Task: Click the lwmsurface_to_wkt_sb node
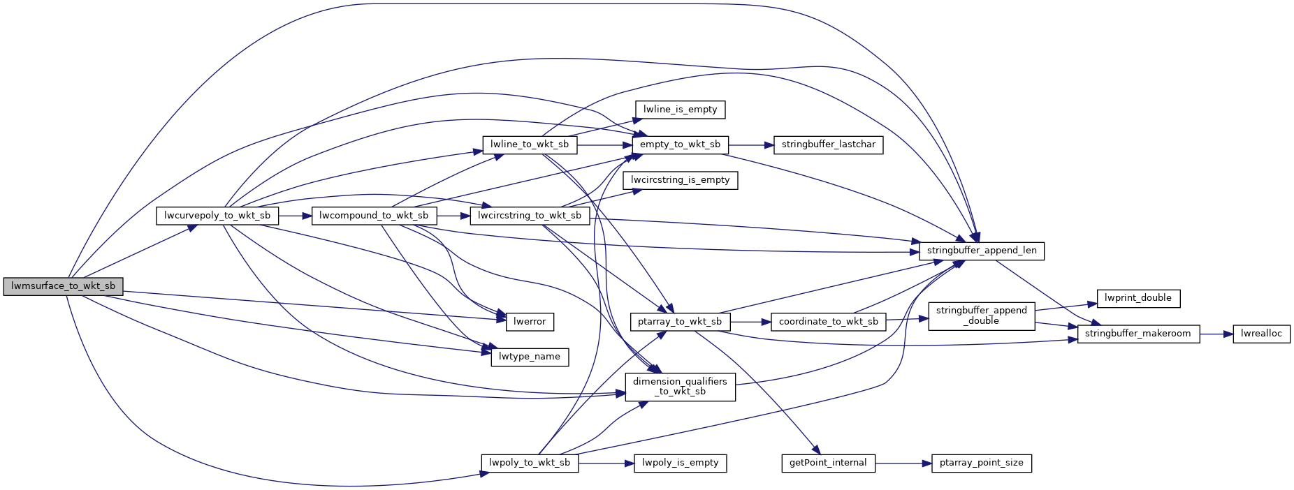click(x=63, y=286)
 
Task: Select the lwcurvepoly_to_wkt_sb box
click(x=217, y=216)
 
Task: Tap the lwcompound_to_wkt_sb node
click(x=374, y=216)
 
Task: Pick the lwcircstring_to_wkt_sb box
click(x=530, y=216)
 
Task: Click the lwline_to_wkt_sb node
click(x=530, y=144)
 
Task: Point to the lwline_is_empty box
click(x=680, y=110)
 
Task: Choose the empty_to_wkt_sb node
click(x=680, y=144)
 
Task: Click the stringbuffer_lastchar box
click(x=828, y=144)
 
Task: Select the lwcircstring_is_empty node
click(x=680, y=180)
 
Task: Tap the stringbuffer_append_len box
click(x=981, y=251)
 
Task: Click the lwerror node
click(x=530, y=322)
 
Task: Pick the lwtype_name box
click(x=530, y=357)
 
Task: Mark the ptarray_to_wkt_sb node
click(x=680, y=322)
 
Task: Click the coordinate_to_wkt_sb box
click(x=828, y=322)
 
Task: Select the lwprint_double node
click(x=1138, y=298)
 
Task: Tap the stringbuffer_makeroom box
click(x=1138, y=334)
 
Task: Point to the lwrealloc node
click(x=1261, y=334)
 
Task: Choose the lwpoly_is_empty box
click(x=680, y=463)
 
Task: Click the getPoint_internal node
click(x=828, y=463)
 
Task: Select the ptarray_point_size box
click(x=981, y=463)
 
